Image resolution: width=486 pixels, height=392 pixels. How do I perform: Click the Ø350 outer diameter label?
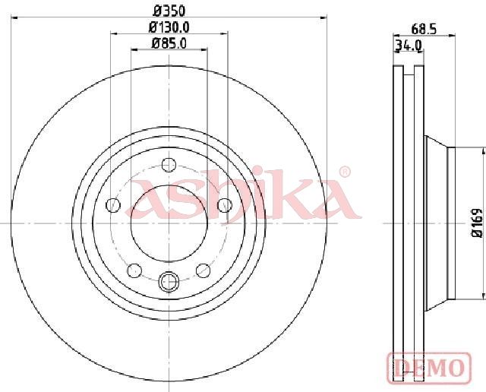coord(169,11)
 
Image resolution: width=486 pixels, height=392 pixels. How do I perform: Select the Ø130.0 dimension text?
coord(169,27)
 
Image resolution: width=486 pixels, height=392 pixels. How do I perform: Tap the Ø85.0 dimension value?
coord(169,43)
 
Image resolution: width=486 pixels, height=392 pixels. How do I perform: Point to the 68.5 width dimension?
coord(424,29)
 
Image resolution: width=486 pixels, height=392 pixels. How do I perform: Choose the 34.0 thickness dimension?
coord(409,46)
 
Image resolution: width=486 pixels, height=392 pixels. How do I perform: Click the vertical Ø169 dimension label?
coord(477,223)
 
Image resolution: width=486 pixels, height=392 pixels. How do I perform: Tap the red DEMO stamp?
coord(429,368)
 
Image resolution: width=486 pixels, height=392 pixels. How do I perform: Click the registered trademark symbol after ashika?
coord(345,172)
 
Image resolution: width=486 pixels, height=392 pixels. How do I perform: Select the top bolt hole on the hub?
coord(169,164)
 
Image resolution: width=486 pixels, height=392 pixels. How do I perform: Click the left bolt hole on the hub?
coord(113,204)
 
